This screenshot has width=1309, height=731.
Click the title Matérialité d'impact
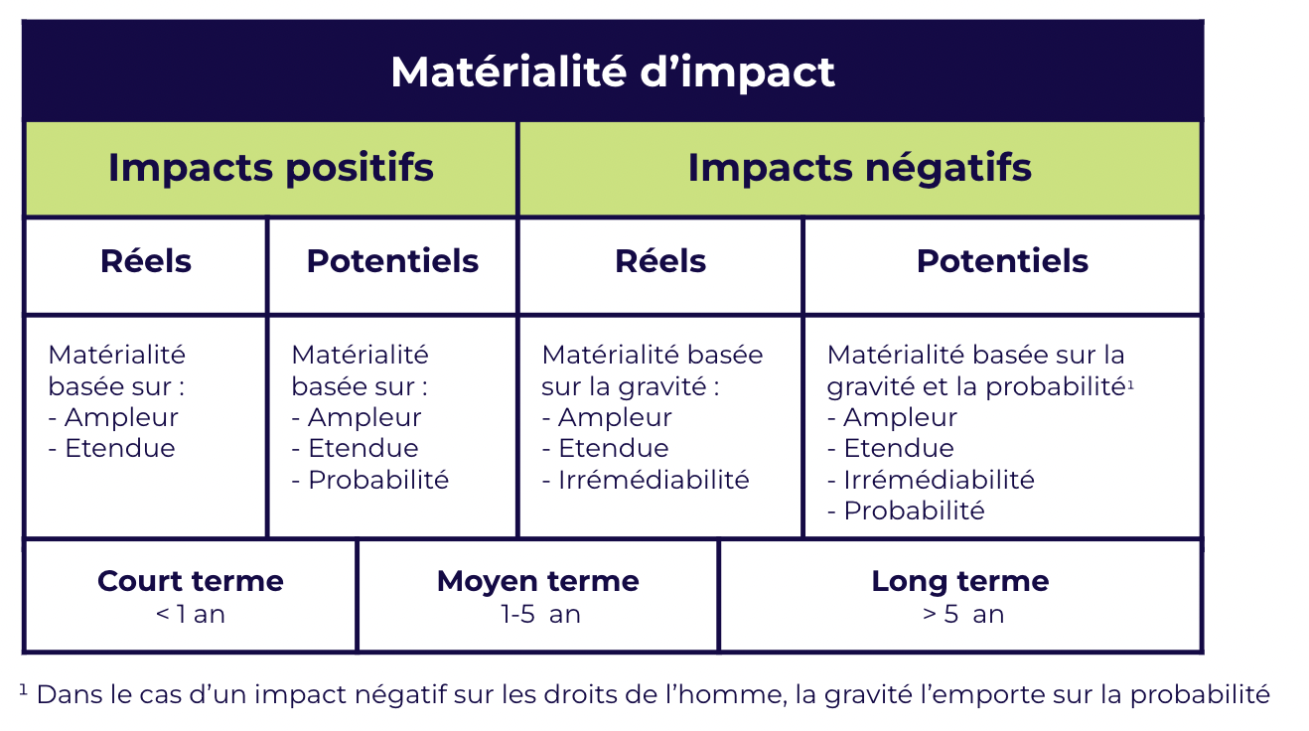pos(613,72)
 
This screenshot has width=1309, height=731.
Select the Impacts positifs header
pos(270,167)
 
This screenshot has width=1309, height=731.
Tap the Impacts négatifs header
pos(859,167)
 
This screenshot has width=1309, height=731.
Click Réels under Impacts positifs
pos(146,261)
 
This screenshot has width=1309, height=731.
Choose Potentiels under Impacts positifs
pos(392,261)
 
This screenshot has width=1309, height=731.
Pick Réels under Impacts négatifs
pos(660,261)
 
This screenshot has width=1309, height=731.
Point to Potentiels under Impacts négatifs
pos(1002,261)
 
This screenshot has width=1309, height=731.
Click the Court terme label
pos(191,581)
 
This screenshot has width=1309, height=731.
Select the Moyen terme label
pos(537,581)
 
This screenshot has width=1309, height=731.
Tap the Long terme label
pos(960,581)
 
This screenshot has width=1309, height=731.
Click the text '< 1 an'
pos(191,615)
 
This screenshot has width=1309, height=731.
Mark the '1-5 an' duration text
pos(540,615)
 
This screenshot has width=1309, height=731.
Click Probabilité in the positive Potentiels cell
pos(378,480)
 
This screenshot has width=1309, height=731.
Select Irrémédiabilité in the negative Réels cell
pos(653,480)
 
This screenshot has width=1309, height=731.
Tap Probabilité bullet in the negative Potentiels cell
pos(914,512)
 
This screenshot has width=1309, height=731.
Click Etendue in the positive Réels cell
pos(119,448)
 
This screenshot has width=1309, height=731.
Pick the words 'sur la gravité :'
pos(631,385)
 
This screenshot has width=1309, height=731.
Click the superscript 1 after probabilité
pos(1130,380)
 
